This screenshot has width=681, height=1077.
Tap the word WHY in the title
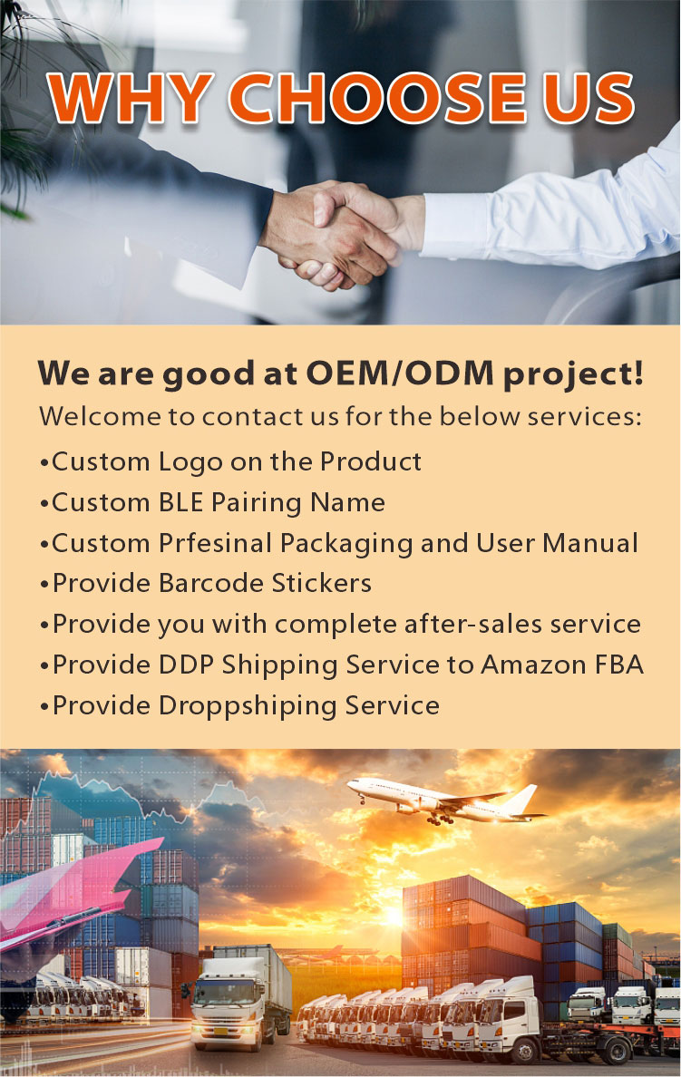[131, 98]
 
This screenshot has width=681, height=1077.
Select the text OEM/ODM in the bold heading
[400, 373]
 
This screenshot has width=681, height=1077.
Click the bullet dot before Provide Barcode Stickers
[44, 585]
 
